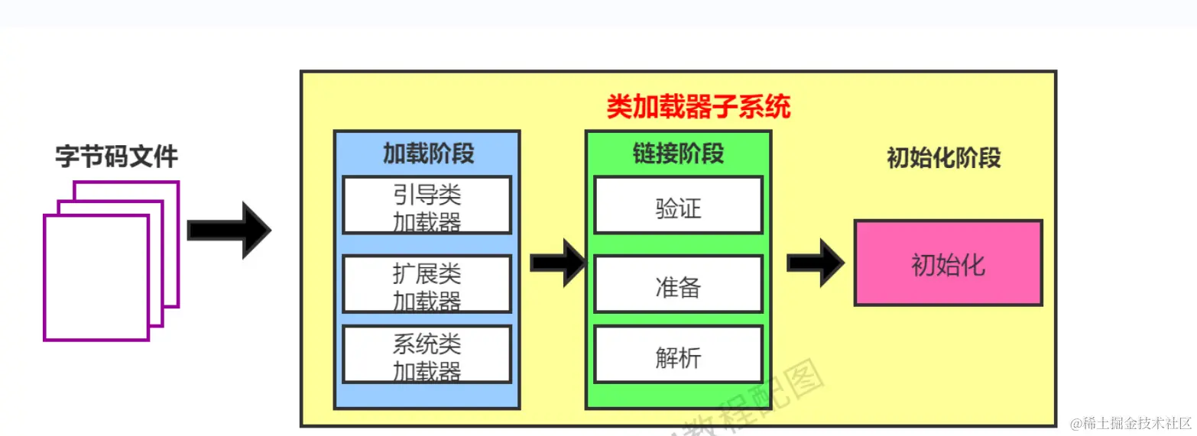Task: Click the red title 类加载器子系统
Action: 698,107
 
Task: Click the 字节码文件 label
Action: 116,157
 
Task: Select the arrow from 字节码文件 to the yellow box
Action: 229,230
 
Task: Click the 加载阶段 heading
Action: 428,153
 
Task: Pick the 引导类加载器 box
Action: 427,205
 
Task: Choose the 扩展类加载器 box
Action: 427,284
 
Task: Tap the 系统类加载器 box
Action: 427,354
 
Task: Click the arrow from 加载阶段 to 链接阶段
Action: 557,263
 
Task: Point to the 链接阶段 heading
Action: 678,153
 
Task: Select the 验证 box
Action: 678,205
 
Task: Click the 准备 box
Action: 678,284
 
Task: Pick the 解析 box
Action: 678,354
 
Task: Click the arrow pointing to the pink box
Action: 815,263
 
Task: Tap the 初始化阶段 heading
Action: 943,157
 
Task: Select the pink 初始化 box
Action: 948,263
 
